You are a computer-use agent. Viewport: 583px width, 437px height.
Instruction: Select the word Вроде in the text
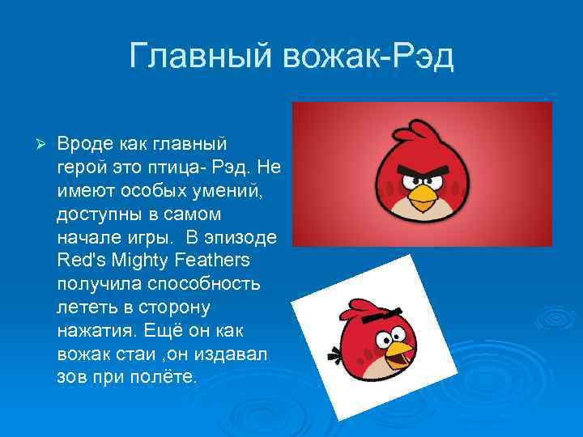tap(85, 144)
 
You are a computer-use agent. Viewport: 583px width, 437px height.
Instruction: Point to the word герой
tap(82, 167)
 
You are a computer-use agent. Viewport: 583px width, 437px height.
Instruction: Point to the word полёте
tap(167, 378)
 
